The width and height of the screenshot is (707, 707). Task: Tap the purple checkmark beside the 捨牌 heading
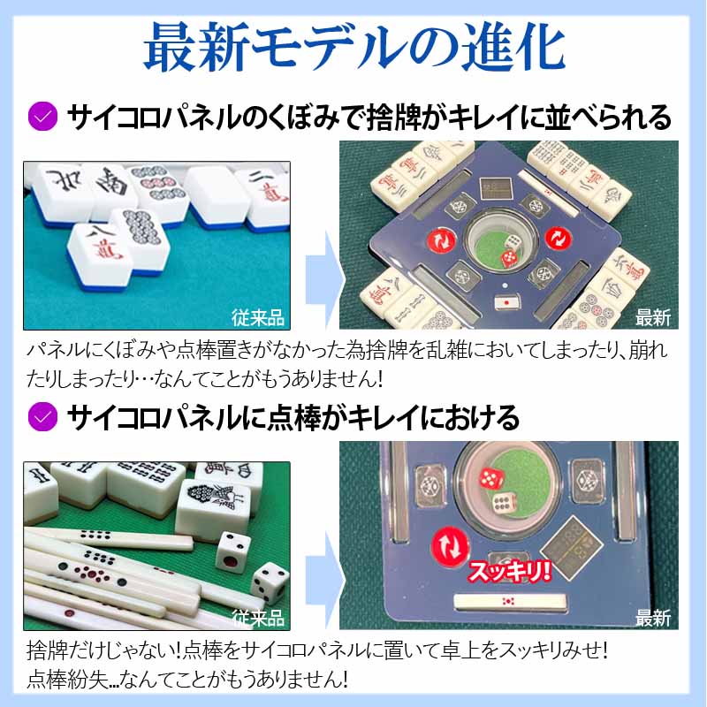pos(42,117)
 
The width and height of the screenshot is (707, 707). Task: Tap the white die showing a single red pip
pos(234,549)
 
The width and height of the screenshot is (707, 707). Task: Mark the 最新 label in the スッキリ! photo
pos(653,615)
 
